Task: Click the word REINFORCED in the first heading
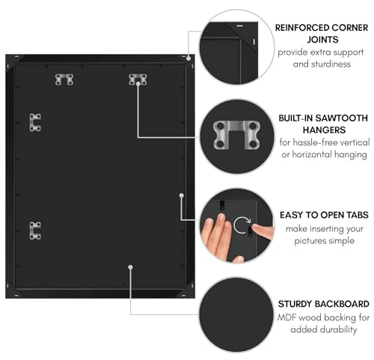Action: coord(298,28)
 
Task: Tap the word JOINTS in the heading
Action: coord(322,40)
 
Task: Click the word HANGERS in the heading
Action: coord(324,130)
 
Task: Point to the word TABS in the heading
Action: coord(357,215)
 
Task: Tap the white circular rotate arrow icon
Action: coord(242,225)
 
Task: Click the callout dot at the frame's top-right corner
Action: coord(188,58)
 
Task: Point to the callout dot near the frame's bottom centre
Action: coord(130,267)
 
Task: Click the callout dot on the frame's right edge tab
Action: coord(182,195)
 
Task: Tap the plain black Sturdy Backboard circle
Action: coord(236,315)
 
